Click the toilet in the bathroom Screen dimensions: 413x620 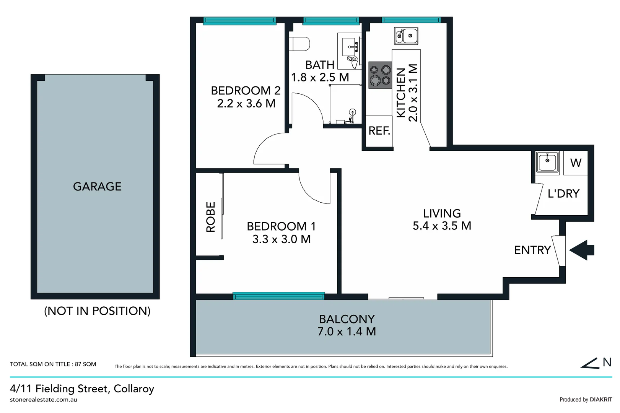[x=299, y=44]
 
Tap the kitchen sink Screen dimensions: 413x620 [x=406, y=36]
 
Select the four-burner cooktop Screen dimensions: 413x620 [x=380, y=75]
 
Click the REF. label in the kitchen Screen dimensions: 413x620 [x=379, y=131]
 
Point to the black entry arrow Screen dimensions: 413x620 [x=582, y=250]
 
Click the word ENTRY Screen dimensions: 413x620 [x=532, y=250]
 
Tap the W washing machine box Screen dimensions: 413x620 [x=576, y=163]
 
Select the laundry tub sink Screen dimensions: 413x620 [x=547, y=162]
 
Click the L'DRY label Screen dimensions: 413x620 [x=563, y=193]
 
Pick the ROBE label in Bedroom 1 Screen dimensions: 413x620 [x=211, y=217]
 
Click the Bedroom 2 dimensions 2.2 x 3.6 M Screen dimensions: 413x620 [x=246, y=104]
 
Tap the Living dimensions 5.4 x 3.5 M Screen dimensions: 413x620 [x=442, y=226]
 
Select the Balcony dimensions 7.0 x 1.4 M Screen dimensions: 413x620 [x=347, y=332]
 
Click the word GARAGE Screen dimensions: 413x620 [x=97, y=187]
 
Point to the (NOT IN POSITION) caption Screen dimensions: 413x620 [x=97, y=311]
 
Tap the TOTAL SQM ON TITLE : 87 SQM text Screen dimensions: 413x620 [x=53, y=364]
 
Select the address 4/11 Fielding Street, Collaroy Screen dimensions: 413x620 [x=82, y=389]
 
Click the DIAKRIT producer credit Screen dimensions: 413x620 [x=601, y=400]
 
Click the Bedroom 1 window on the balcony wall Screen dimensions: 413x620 [x=278, y=296]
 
